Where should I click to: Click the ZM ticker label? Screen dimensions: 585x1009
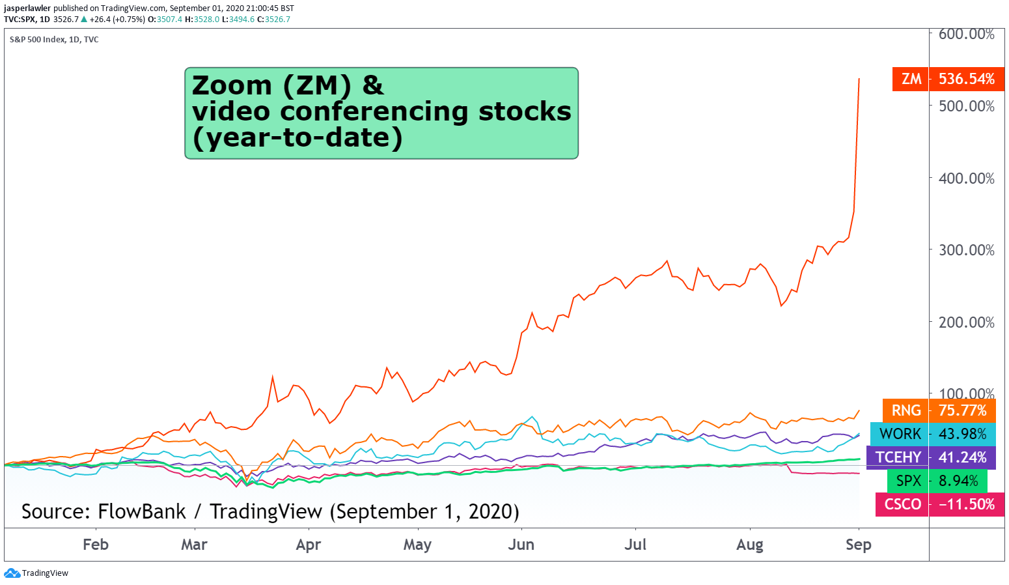point(911,79)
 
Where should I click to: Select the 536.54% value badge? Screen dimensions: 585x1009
point(967,79)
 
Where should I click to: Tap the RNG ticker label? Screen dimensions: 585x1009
point(905,410)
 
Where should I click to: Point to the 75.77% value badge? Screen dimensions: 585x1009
point(962,410)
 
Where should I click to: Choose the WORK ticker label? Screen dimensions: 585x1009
point(900,434)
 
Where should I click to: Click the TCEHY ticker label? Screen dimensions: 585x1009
point(898,457)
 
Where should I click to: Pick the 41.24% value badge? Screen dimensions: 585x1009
point(962,457)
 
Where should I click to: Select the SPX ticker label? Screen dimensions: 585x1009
point(908,481)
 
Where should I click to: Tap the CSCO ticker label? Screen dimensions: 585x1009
point(902,504)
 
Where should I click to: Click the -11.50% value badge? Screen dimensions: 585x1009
point(967,504)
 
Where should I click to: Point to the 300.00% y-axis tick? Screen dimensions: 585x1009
point(966,250)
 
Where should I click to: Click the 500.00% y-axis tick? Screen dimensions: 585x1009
point(966,106)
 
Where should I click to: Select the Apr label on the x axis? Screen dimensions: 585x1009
point(308,545)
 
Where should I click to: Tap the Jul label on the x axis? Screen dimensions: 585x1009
point(635,545)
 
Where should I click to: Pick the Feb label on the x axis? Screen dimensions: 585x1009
point(96,545)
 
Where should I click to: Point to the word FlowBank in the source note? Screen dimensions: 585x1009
point(141,512)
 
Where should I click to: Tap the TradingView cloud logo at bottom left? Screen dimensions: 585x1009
point(12,573)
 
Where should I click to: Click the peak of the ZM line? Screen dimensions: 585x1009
point(859,79)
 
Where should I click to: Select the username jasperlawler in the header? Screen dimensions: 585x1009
point(27,8)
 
